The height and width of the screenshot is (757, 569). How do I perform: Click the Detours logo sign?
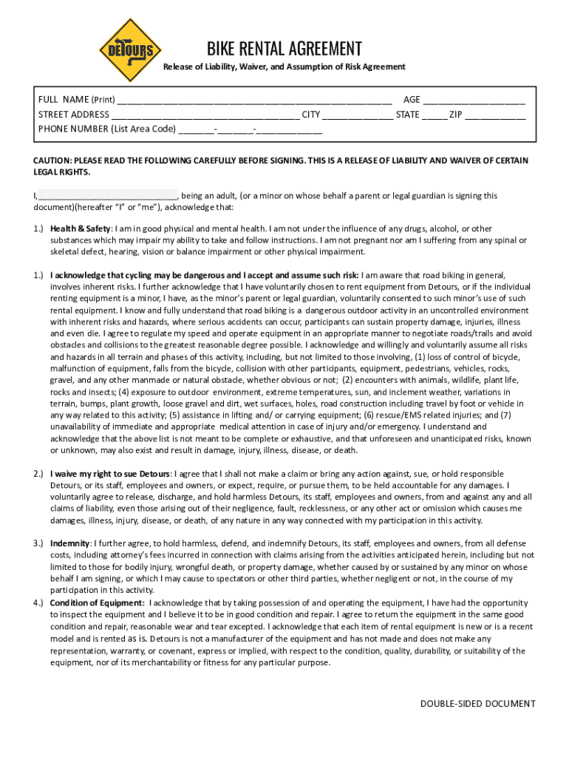click(131, 50)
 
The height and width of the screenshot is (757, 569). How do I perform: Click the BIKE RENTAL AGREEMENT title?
click(284, 49)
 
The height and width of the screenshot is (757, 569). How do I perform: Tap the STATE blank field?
click(435, 115)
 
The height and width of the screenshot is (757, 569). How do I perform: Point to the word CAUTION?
click(54, 160)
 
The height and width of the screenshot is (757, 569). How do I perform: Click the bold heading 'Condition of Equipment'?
click(97, 602)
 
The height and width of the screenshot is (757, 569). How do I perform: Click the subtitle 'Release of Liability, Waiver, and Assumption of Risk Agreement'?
click(284, 67)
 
